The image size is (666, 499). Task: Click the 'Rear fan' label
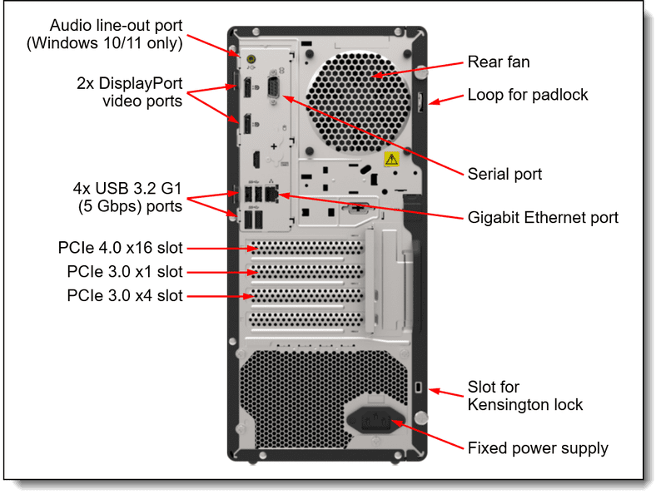coord(498,62)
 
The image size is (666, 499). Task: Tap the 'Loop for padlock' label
coord(527,94)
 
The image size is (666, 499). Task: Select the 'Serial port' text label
coord(504,174)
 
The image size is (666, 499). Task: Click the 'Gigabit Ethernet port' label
coord(543,218)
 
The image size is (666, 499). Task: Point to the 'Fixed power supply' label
coord(537,448)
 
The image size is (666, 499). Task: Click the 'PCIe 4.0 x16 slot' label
coord(121,248)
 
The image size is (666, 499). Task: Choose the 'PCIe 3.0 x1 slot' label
coord(125,272)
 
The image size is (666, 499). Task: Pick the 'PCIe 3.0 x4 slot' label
coord(125,295)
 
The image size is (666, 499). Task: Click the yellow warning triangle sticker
coord(390,158)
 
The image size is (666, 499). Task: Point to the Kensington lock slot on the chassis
coord(420,387)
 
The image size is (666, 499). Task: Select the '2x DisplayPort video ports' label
coord(129,92)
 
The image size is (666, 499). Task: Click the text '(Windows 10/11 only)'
coord(116,43)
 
